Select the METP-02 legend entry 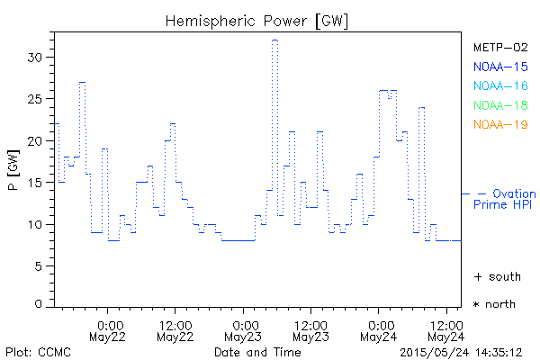tap(500, 47)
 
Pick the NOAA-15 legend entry tap(500, 66)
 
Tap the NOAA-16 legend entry tap(500, 85)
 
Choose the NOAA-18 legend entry tap(500, 105)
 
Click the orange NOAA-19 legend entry tap(500, 124)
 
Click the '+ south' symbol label tap(497, 276)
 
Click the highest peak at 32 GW tap(275, 40)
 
